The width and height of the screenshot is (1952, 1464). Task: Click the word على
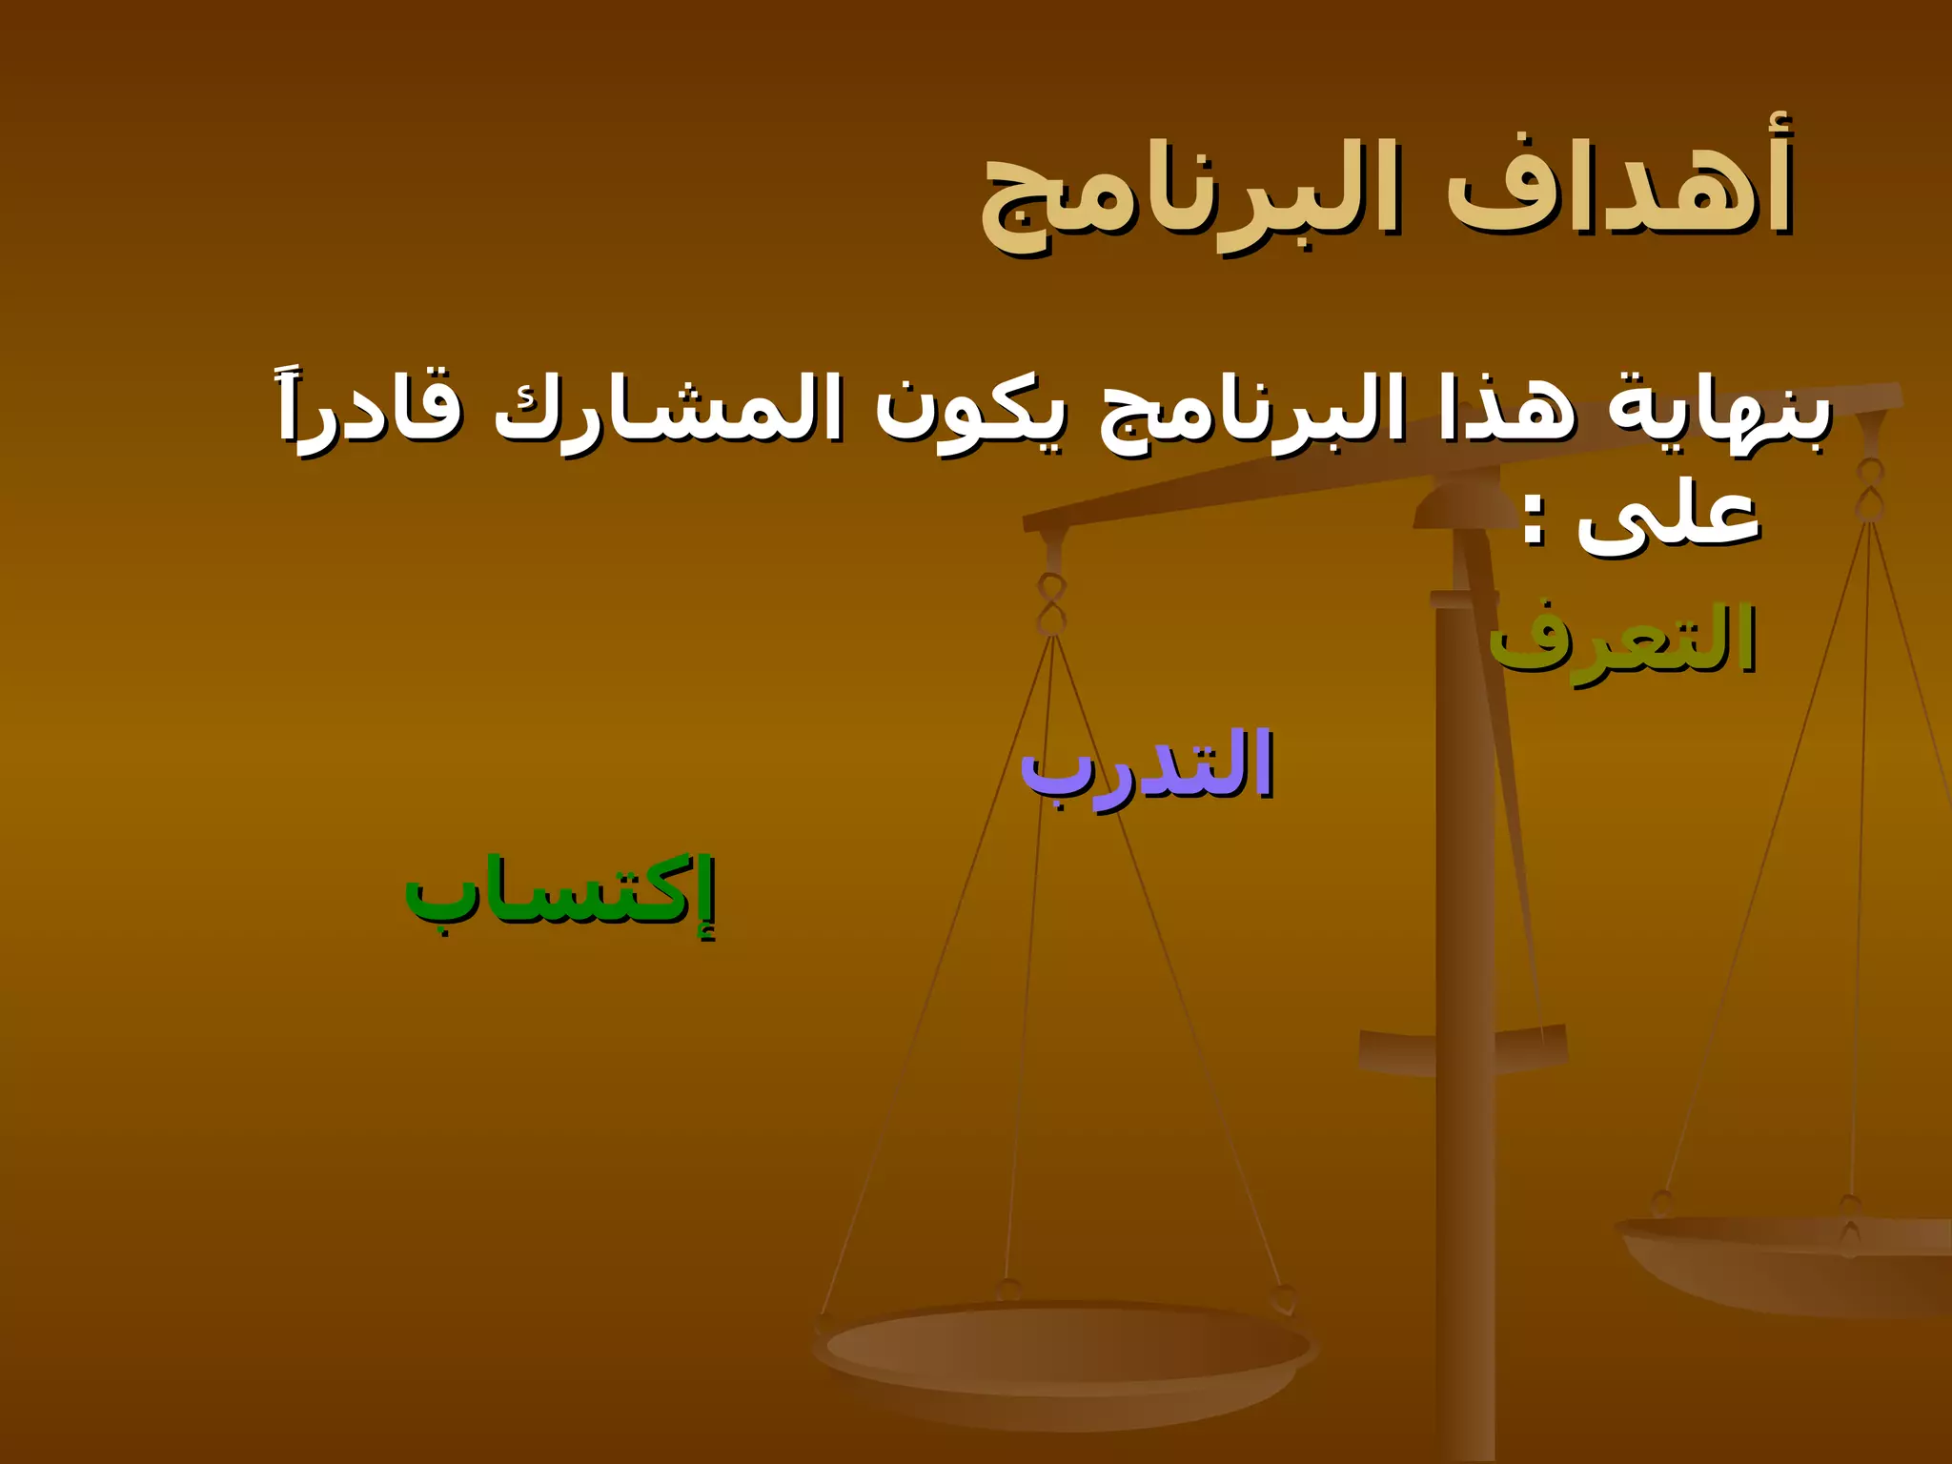coord(1668,519)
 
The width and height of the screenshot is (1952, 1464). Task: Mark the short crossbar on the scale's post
coord(1463,1048)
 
